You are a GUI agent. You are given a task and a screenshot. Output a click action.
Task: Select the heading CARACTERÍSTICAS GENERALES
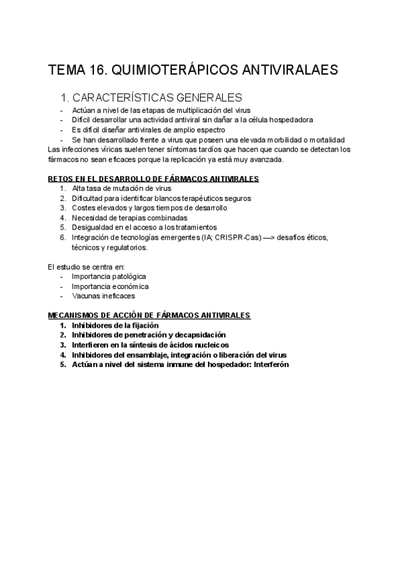point(157,97)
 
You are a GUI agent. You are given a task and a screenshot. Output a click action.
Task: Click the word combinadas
point(169,218)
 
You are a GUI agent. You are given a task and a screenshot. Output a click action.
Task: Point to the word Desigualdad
point(93,228)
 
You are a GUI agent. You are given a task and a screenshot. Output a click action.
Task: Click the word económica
point(126,286)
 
